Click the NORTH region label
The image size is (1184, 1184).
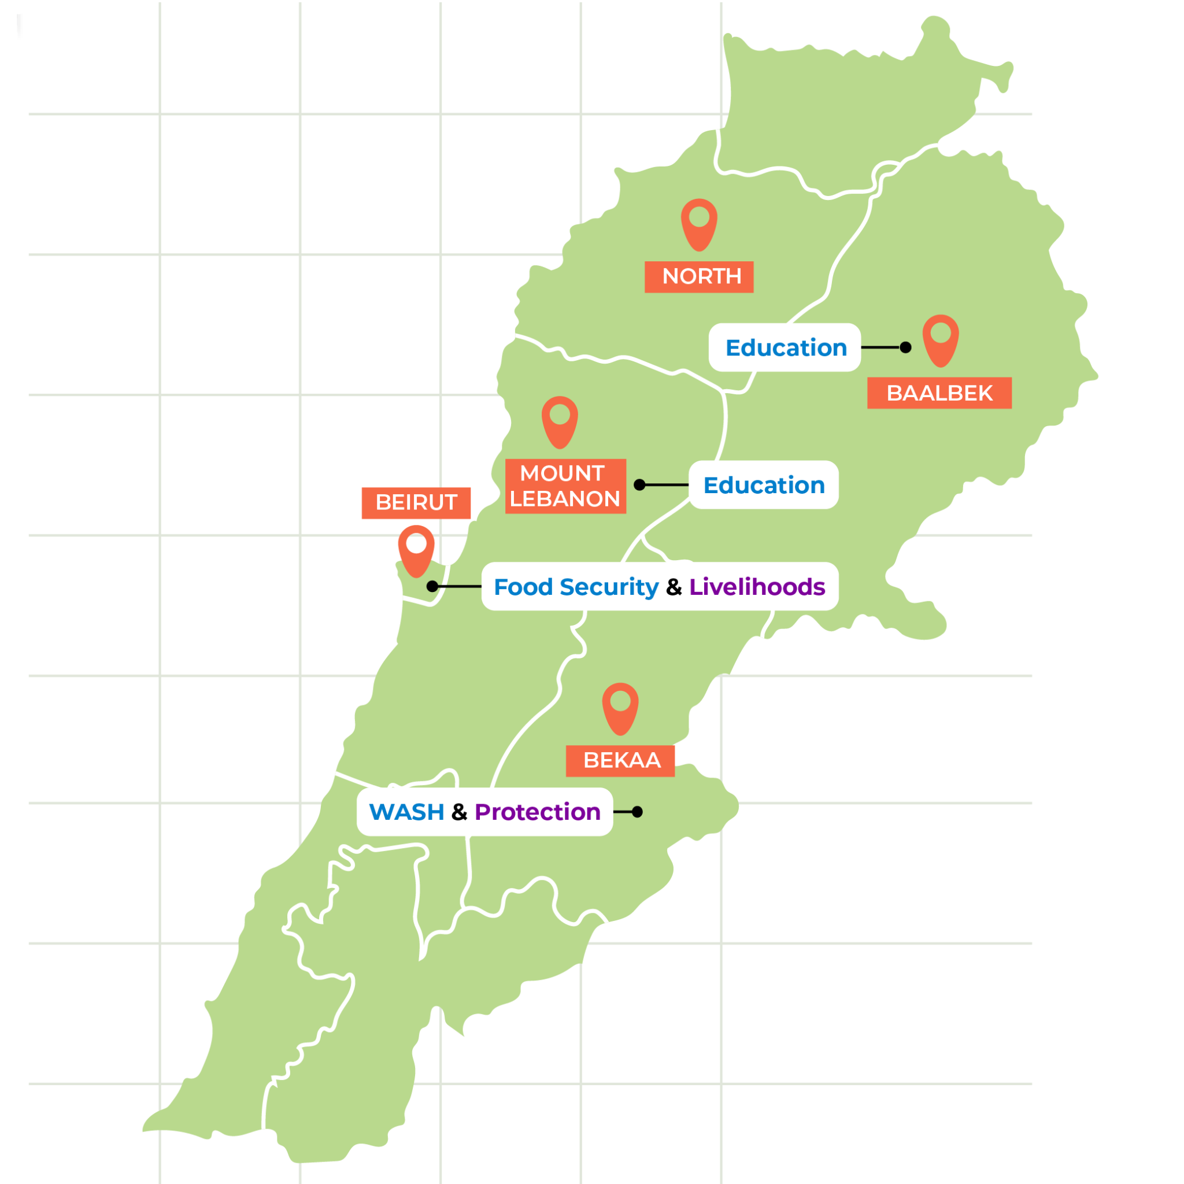pos(698,277)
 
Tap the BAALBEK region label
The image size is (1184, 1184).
pos(939,393)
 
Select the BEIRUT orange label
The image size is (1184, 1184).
pos(416,502)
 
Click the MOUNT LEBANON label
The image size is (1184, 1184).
pos(565,486)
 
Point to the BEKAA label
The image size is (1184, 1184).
pos(620,761)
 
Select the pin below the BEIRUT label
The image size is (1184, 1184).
pos(416,550)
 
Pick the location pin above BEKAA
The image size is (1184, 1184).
pos(620,707)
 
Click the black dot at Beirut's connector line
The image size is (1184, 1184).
pos(432,586)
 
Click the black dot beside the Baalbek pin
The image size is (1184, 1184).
pos(905,347)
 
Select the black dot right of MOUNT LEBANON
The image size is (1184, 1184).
pos(640,484)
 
